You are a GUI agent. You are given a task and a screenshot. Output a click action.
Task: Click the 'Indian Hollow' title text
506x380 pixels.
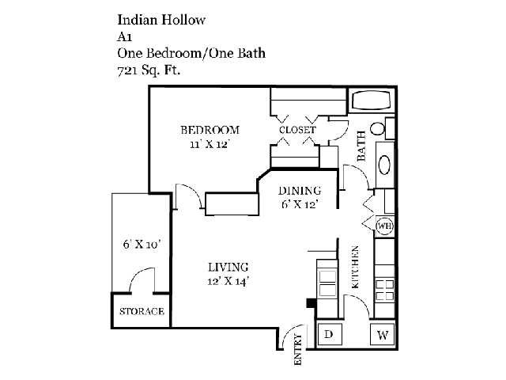(161, 20)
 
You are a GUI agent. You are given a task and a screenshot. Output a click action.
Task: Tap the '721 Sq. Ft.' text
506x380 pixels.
(149, 70)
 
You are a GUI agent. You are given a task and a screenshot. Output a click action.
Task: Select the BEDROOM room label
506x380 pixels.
(210, 130)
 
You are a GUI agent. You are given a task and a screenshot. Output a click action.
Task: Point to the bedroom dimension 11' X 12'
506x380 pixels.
(210, 144)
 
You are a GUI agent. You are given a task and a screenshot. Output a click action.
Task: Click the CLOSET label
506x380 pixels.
(297, 130)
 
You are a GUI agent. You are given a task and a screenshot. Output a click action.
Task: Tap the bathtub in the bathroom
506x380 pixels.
(372, 101)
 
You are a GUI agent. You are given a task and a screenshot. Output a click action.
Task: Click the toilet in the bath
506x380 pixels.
(378, 128)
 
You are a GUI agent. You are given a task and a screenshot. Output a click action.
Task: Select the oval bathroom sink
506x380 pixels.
(385, 165)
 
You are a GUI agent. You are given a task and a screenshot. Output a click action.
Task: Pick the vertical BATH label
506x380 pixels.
(361, 146)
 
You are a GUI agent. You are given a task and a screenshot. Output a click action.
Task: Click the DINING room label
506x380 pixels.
(300, 191)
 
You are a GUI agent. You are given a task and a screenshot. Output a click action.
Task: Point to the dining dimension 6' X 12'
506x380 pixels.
(300, 204)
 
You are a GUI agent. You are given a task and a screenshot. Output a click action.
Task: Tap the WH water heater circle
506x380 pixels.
(385, 226)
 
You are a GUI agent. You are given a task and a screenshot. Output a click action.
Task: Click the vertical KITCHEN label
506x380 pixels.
(355, 267)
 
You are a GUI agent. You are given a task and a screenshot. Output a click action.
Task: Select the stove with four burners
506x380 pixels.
(385, 291)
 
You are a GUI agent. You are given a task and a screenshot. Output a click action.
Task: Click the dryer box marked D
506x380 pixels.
(329, 334)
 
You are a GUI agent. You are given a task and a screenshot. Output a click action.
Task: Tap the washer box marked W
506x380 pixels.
(383, 335)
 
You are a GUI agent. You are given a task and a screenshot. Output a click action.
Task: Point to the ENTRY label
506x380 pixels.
(298, 350)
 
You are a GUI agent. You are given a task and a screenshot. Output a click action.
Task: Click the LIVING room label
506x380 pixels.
(228, 268)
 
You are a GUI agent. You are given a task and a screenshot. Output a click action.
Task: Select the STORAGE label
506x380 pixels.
(142, 311)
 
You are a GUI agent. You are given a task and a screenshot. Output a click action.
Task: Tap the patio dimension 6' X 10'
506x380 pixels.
(142, 244)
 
